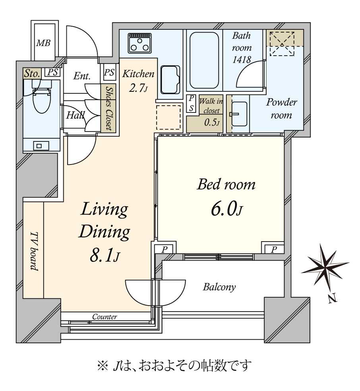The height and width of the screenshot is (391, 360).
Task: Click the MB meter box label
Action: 43,43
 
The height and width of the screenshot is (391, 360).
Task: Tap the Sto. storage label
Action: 32,73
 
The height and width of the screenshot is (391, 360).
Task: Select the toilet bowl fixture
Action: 41,101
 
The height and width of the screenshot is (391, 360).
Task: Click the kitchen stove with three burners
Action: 139,43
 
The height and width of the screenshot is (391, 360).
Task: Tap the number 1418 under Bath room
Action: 242,60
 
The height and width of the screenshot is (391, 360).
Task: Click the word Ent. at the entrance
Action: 82,76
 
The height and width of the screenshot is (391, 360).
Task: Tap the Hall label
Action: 75,116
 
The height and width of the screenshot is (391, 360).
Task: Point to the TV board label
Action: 34,251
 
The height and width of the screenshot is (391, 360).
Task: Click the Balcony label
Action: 219,287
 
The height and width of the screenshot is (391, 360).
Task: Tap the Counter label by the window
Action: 105,317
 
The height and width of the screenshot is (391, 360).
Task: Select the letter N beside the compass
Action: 333,298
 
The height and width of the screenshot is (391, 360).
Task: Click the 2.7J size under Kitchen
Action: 138,88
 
